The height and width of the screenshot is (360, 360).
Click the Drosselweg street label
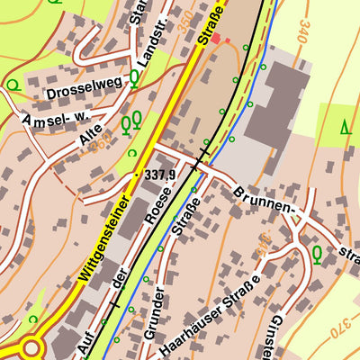coord(84,92)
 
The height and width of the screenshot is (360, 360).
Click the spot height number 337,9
coord(160,174)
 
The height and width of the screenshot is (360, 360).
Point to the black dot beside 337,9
coord(137,174)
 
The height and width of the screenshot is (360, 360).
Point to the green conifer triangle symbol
coord(346,127)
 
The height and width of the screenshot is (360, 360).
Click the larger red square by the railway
coord(216,40)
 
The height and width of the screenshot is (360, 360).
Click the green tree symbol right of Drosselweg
coord(134,79)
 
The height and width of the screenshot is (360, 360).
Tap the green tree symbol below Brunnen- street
coord(317,253)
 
